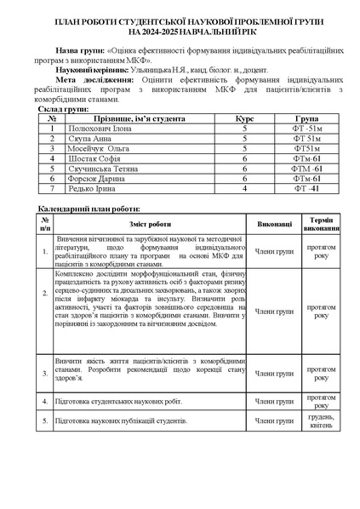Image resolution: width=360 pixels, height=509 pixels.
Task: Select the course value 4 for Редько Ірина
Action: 243,187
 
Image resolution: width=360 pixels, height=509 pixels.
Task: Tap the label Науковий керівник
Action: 89,69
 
